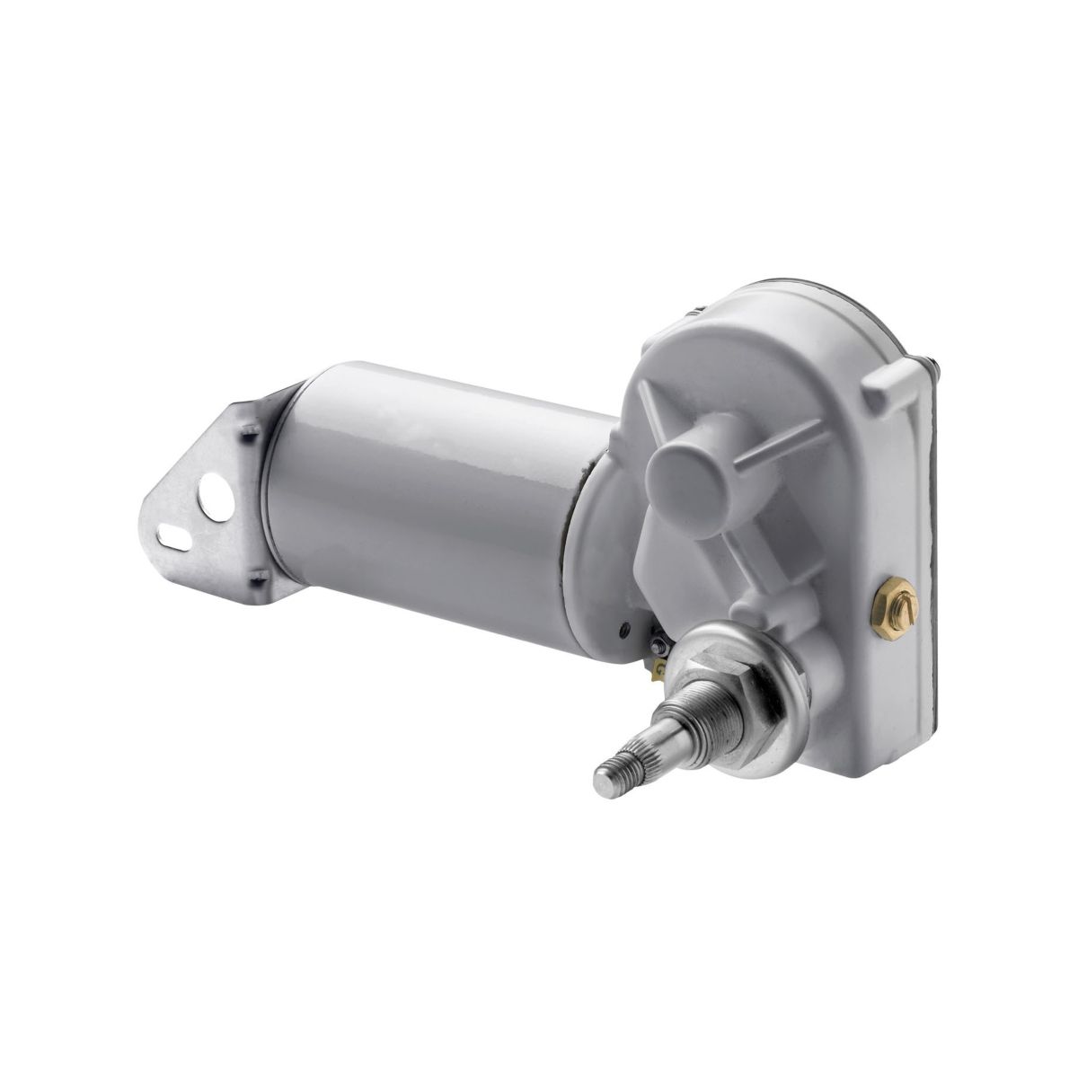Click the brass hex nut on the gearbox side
click(x=893, y=596)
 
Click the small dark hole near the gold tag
click(x=623, y=625)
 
